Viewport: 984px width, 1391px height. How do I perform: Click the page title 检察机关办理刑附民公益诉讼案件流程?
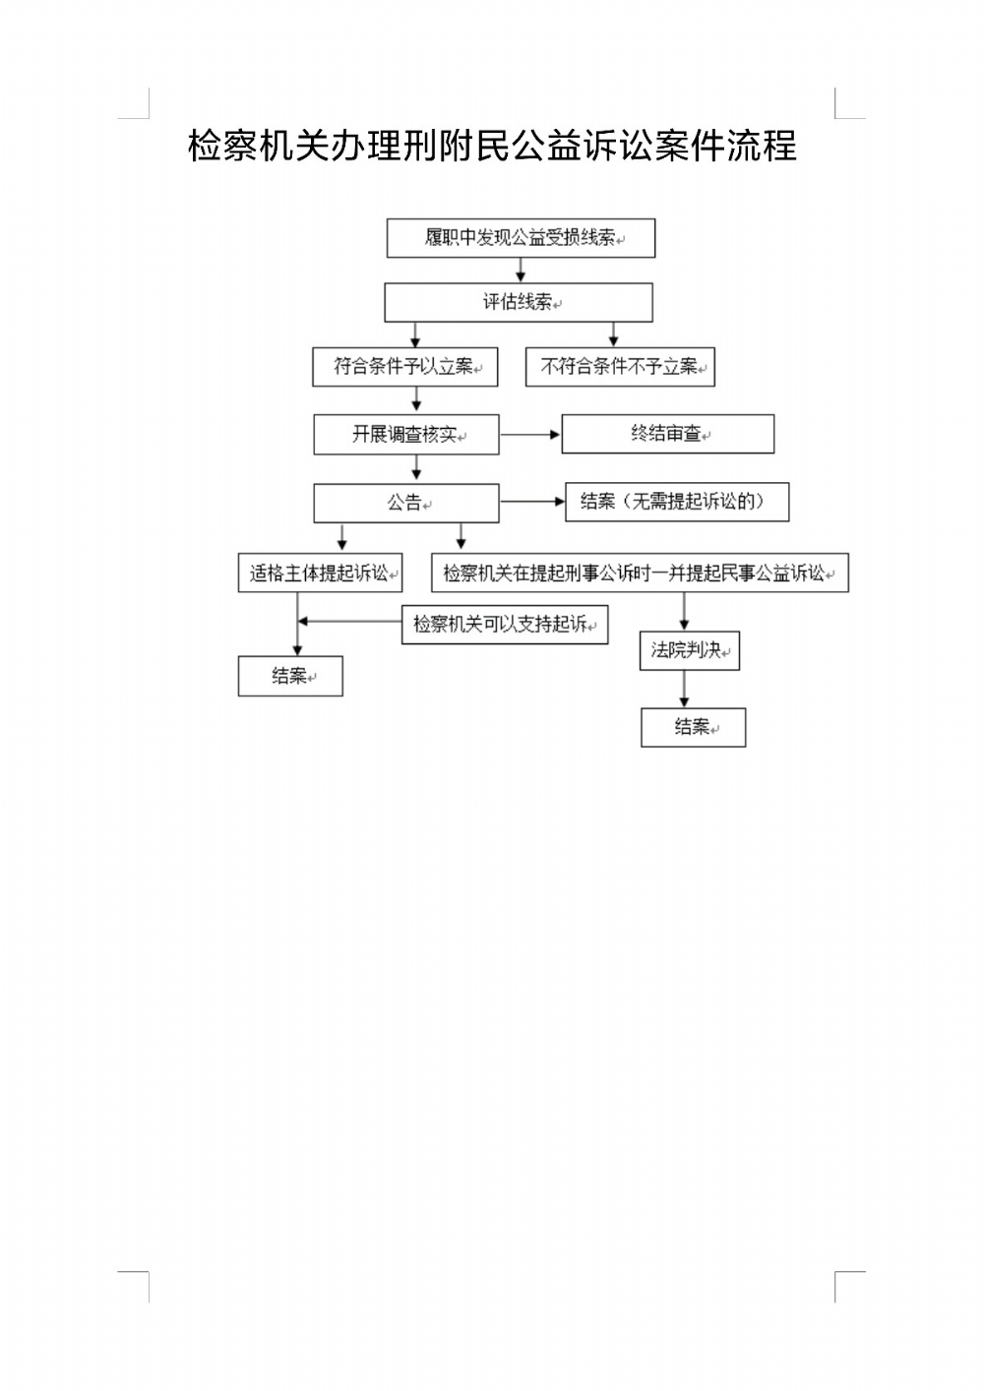point(492,147)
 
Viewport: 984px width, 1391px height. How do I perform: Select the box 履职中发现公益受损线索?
point(521,238)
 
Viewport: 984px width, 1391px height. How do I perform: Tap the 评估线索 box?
point(518,302)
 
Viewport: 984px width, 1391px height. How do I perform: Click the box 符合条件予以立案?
point(405,367)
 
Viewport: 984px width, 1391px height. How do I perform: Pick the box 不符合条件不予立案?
point(620,367)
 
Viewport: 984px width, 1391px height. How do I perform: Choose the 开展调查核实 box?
point(406,434)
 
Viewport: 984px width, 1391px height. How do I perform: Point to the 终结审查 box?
point(667,434)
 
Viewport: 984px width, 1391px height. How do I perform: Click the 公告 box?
point(406,503)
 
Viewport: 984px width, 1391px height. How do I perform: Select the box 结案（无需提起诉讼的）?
point(677,502)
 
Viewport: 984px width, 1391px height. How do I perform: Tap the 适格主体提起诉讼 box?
point(320,573)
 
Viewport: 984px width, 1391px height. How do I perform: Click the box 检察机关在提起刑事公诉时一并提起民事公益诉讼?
point(640,573)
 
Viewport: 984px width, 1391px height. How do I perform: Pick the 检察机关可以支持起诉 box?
point(505,624)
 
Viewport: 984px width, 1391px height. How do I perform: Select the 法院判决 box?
point(689,650)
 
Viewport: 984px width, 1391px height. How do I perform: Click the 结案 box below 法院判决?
point(693,727)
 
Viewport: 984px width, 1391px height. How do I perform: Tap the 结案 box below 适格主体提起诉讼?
point(290,676)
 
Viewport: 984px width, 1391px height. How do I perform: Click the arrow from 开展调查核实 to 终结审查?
point(530,434)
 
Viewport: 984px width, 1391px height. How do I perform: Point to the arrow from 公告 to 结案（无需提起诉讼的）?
point(532,502)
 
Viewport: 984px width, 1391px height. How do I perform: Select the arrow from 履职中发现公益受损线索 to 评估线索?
point(521,271)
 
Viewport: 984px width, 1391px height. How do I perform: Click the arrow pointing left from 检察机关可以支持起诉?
point(349,622)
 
